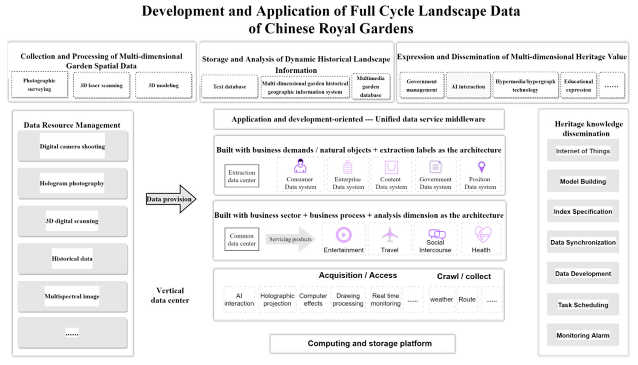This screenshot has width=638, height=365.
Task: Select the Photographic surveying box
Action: pyautogui.click(x=39, y=85)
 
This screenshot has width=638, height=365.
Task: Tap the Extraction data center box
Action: pyautogui.click(x=242, y=176)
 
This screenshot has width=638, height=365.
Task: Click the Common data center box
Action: pyautogui.click(x=242, y=239)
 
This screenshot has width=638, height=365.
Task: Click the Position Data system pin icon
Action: pyautogui.click(x=481, y=167)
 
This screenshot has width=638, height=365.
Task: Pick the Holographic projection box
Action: pyautogui.click(x=277, y=299)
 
